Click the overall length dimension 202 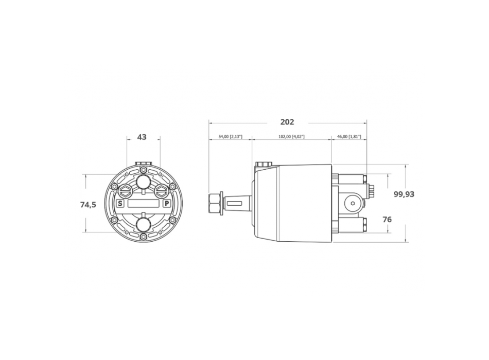(x=287, y=122)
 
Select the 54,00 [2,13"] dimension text (x=230, y=137)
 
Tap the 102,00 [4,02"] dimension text (x=291, y=137)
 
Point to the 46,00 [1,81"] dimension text (x=349, y=137)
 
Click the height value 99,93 (x=404, y=194)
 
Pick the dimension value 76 (x=387, y=219)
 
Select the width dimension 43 (x=142, y=137)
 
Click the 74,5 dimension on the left (x=88, y=205)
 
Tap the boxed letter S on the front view (x=120, y=203)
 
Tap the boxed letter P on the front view (x=166, y=203)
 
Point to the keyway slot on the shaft (x=234, y=204)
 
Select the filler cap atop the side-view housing (x=263, y=165)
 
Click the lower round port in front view (x=143, y=224)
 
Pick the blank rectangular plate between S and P (x=143, y=203)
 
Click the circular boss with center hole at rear (x=353, y=204)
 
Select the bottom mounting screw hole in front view (x=143, y=238)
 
